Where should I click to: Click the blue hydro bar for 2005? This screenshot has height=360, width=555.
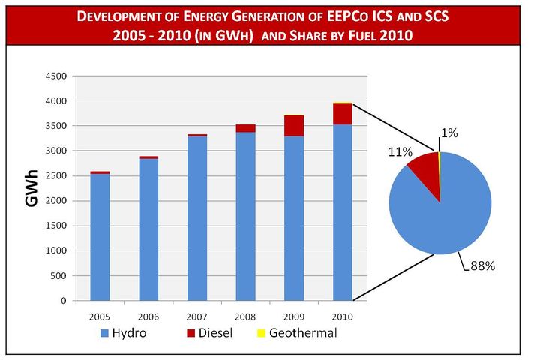tap(100, 237)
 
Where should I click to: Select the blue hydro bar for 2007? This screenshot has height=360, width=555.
tap(197, 218)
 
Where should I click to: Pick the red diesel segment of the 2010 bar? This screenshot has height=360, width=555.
tap(343, 114)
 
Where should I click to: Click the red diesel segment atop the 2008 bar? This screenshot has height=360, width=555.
tap(246, 128)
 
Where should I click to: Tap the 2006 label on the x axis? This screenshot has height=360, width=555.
tap(148, 315)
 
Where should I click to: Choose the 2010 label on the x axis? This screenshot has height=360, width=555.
tap(343, 315)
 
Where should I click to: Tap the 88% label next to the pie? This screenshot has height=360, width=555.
tap(482, 265)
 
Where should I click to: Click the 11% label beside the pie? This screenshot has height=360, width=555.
tap(399, 152)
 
